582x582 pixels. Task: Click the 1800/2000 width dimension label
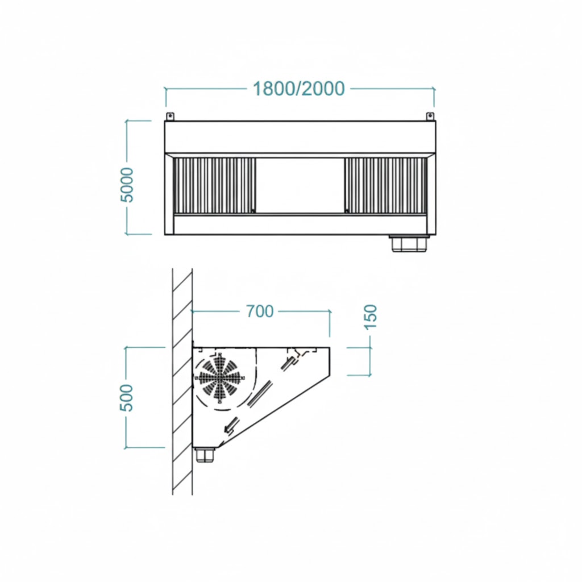(x=299, y=89)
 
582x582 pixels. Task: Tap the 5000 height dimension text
(x=127, y=185)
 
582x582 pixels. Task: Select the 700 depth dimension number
(x=260, y=311)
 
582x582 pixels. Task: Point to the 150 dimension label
(x=371, y=317)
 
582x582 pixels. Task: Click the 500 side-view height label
(x=126, y=397)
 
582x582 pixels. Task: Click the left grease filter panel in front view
(x=214, y=186)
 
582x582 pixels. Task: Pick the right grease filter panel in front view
(x=385, y=186)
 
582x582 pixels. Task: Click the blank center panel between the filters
(x=300, y=186)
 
